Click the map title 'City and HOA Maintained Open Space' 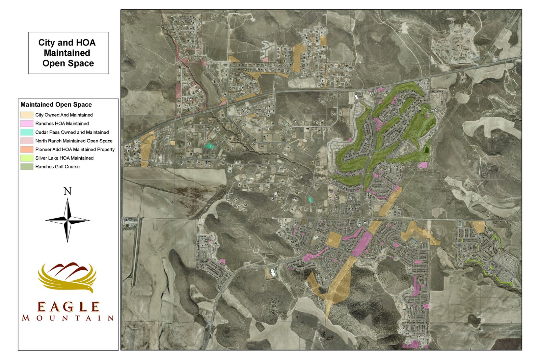click(67, 53)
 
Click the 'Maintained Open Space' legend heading click(56, 105)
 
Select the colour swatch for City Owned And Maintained click(27, 115)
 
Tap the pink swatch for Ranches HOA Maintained click(27, 124)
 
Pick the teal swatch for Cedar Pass click(27, 132)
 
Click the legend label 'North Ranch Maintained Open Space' click(74, 141)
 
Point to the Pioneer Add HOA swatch click(27, 149)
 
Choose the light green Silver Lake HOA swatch click(27, 158)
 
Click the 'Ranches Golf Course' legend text click(57, 167)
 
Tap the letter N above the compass click(67, 191)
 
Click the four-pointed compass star click(67, 220)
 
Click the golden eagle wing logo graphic click(67, 277)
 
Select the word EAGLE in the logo click(68, 307)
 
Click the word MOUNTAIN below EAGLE click(68, 318)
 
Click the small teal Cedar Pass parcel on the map click(210, 146)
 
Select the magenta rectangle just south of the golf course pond click(423, 165)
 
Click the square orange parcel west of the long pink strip click(334, 240)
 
